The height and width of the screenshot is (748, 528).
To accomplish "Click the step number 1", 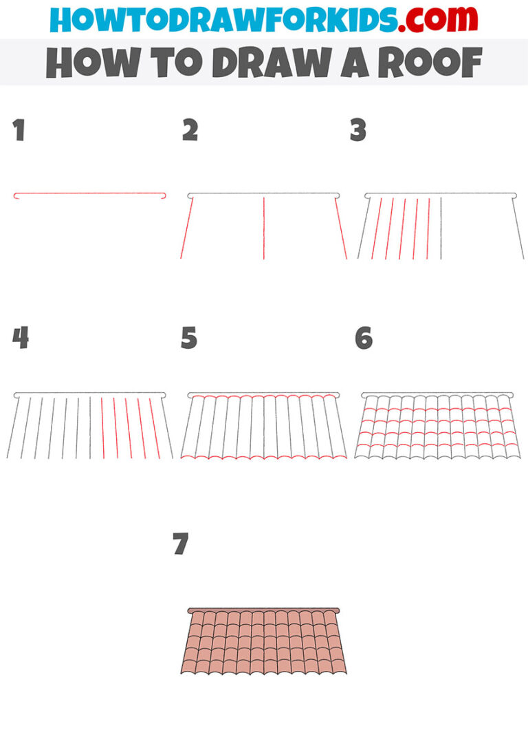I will [x=19, y=131].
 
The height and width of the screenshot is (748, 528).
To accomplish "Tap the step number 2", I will [x=190, y=131].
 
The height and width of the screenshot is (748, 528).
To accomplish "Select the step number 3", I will [x=357, y=131].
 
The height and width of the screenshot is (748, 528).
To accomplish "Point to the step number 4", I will [x=21, y=338].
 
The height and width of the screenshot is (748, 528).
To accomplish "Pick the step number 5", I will [x=189, y=338].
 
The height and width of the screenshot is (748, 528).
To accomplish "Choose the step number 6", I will [x=364, y=338].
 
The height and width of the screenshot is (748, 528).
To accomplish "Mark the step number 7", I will [x=181, y=544].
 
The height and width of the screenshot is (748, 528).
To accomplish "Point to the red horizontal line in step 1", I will [x=89, y=194].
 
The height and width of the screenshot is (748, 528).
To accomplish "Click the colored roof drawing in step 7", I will [x=264, y=644].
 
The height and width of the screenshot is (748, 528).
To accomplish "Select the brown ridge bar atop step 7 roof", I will [x=264, y=610].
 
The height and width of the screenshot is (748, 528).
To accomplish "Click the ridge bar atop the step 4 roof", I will [x=89, y=395].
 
